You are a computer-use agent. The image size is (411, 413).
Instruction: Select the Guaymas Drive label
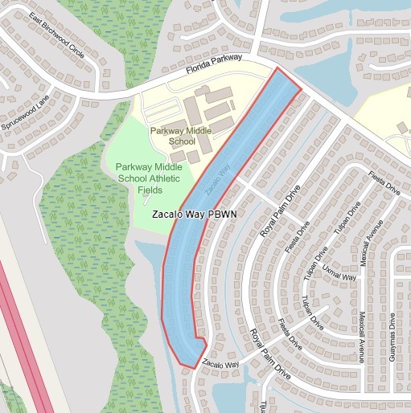pos(393,337)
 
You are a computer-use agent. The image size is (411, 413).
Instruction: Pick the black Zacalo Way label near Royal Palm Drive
pos(220,364)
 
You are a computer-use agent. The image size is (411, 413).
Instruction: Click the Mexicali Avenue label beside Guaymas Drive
pos(363,337)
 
